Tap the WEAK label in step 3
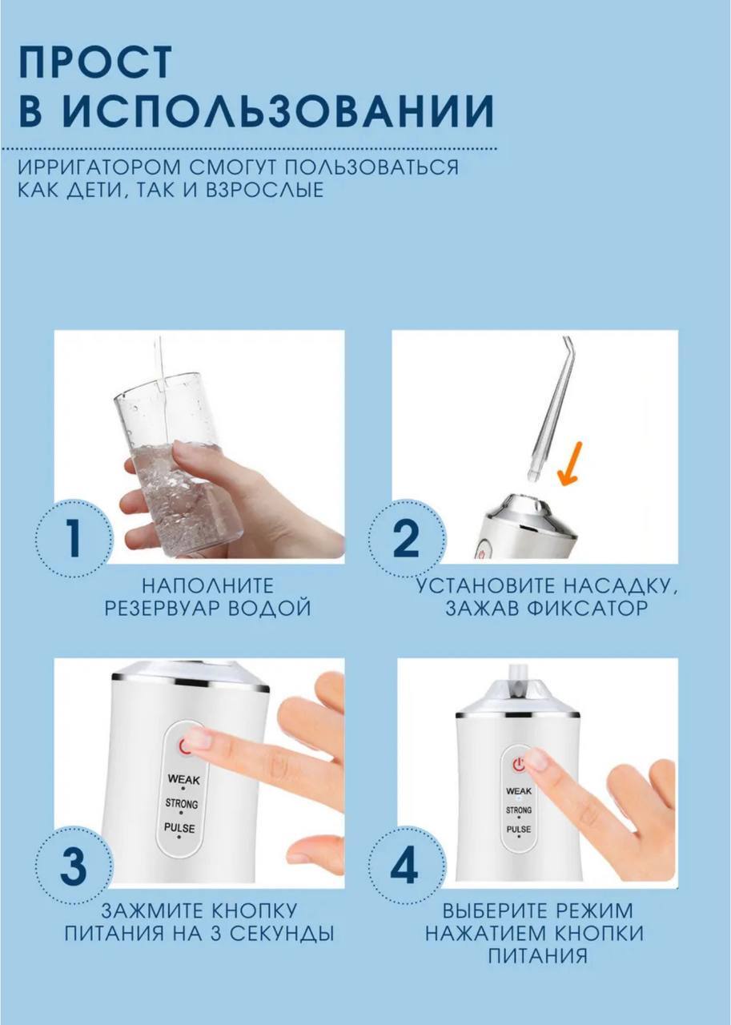pyautogui.click(x=183, y=779)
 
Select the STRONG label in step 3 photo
pyautogui.click(x=182, y=803)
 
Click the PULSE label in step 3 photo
pyautogui.click(x=180, y=828)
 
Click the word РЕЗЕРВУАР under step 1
pyautogui.click(x=158, y=608)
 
